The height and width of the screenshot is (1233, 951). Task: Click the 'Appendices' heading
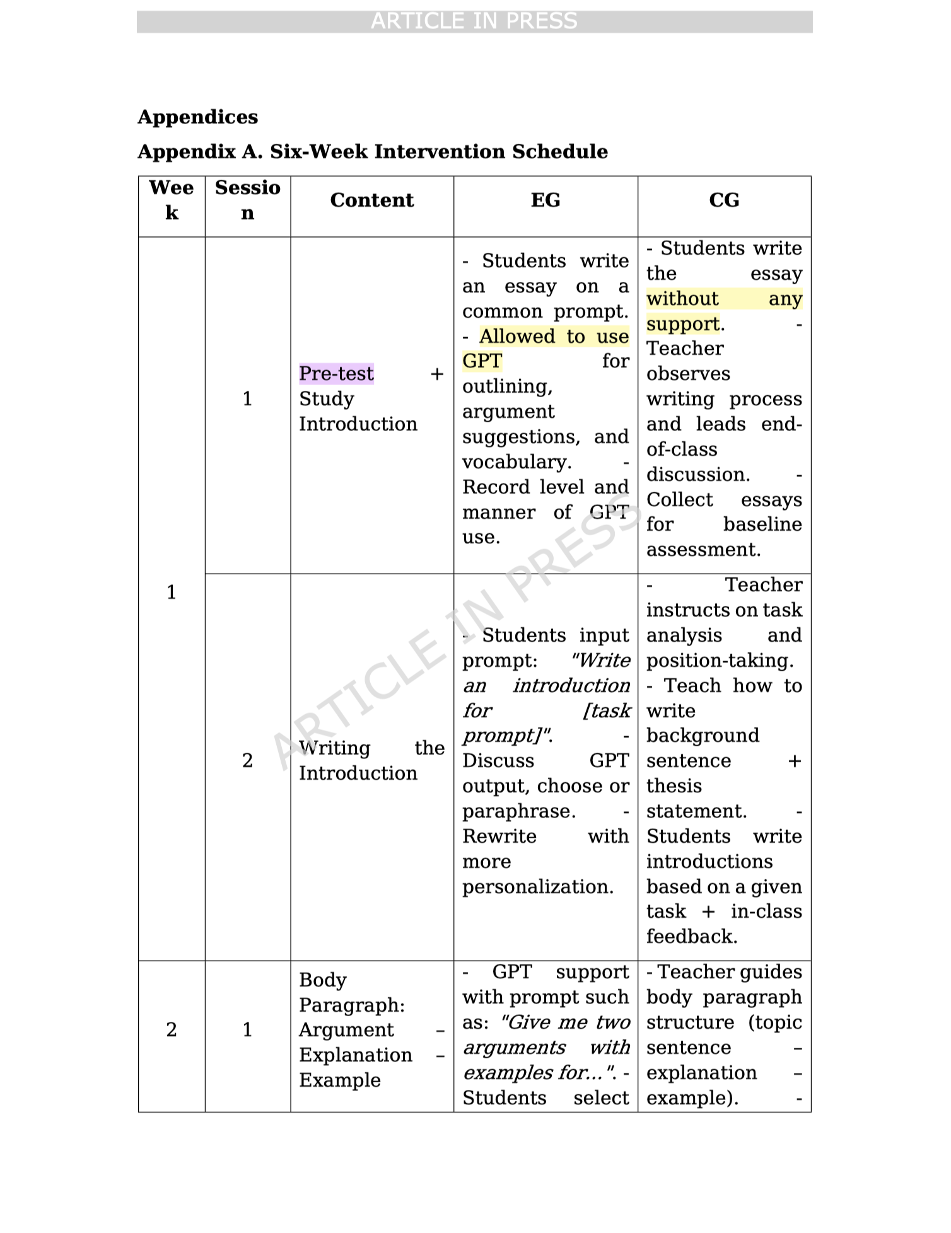(197, 117)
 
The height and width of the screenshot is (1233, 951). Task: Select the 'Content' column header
(371, 200)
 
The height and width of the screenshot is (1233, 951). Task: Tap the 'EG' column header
(546, 200)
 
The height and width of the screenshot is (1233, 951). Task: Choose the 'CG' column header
(724, 200)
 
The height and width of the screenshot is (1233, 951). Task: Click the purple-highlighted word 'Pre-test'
(336, 374)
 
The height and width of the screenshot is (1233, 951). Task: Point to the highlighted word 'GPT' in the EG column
(482, 361)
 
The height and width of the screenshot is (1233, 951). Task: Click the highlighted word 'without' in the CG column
(682, 299)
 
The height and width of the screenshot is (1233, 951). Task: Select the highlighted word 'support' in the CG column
(683, 324)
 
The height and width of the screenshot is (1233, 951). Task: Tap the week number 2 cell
(172, 1029)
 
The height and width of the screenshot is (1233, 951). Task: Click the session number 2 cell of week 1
(247, 761)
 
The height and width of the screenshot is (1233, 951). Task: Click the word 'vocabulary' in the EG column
(515, 462)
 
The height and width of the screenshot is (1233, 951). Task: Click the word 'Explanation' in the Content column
(356, 1055)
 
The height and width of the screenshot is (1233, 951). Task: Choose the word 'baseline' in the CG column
(762, 524)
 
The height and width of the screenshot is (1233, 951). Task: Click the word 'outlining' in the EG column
(506, 386)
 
